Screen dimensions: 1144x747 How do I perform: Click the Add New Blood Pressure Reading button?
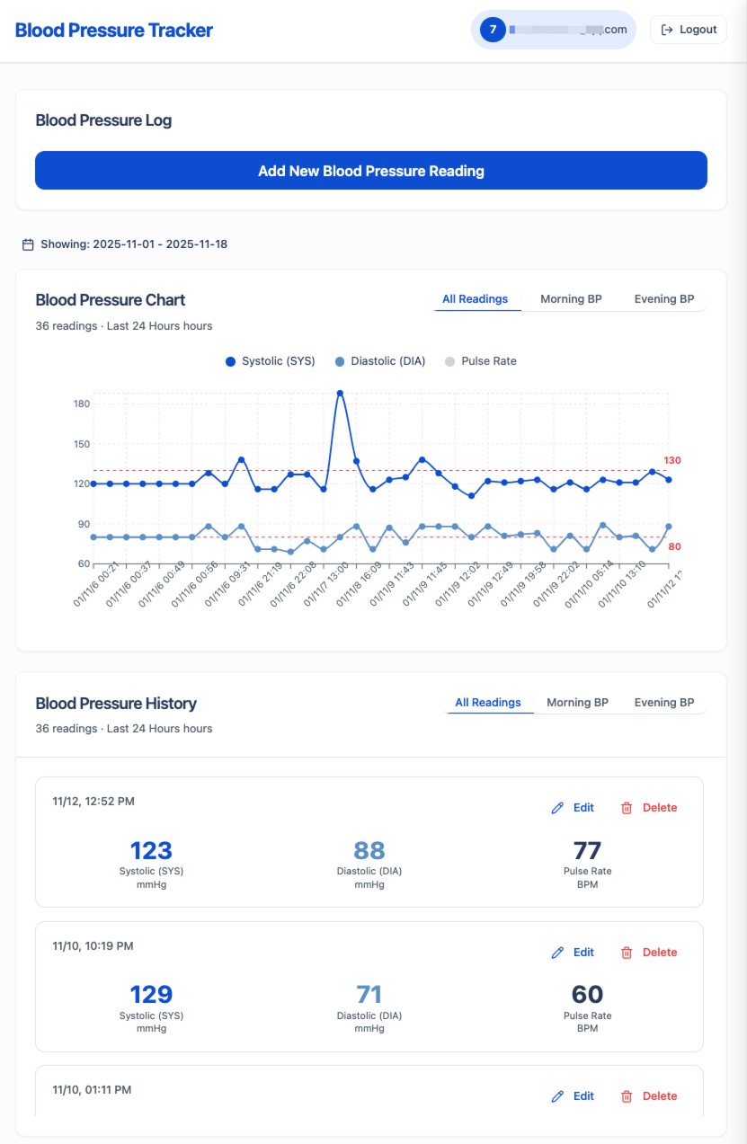[x=370, y=171]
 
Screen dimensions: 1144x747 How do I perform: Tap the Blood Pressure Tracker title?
[x=114, y=31]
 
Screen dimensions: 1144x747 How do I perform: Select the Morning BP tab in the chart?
[x=571, y=299]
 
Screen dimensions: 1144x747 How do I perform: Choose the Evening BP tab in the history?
[x=663, y=703]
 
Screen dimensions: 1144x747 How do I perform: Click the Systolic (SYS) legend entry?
[x=270, y=361]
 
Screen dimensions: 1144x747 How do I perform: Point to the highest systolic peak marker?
[x=340, y=394]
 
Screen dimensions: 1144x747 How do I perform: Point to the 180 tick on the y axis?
[x=82, y=404]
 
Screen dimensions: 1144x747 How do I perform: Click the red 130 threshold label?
[x=672, y=461]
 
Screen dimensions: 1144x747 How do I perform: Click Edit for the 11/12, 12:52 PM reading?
[x=573, y=808]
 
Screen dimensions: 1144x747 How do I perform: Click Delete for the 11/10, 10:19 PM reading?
[x=649, y=953]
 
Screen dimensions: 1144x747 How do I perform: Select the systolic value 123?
[x=151, y=850]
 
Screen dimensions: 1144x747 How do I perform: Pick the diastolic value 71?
[x=369, y=995]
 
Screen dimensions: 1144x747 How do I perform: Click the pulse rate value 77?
[x=587, y=850]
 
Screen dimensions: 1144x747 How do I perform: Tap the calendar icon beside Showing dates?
[x=28, y=244]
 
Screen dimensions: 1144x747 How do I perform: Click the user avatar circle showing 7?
[x=493, y=30]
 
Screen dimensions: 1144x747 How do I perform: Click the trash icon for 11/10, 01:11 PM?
[x=627, y=1096]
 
